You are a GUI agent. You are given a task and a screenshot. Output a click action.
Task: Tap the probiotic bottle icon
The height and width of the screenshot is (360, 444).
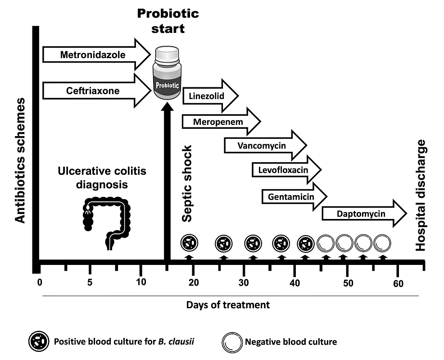167,74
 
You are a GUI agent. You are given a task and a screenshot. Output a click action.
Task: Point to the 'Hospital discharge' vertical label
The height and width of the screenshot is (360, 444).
421,196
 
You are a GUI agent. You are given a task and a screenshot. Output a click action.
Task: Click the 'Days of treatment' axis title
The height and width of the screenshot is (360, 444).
228,305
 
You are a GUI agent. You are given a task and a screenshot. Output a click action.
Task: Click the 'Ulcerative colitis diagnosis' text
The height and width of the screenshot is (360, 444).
102,178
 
